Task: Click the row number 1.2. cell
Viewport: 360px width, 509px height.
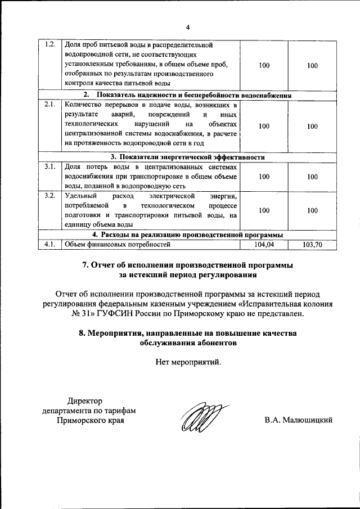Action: [x=49, y=44]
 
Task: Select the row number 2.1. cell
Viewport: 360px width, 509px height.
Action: [x=49, y=105]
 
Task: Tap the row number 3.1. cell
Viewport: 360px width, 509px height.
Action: [x=49, y=166]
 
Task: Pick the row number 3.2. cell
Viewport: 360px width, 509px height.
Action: [x=49, y=196]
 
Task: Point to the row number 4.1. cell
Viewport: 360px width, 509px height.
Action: [x=49, y=244]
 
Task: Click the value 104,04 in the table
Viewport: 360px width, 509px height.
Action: [x=264, y=245]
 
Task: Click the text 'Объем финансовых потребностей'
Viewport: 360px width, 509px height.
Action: [x=116, y=245]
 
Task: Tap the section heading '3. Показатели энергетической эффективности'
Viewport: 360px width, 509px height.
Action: [x=188, y=157]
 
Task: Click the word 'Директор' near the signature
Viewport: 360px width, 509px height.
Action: [x=85, y=400]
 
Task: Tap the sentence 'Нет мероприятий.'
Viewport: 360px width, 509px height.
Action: [x=188, y=362]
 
